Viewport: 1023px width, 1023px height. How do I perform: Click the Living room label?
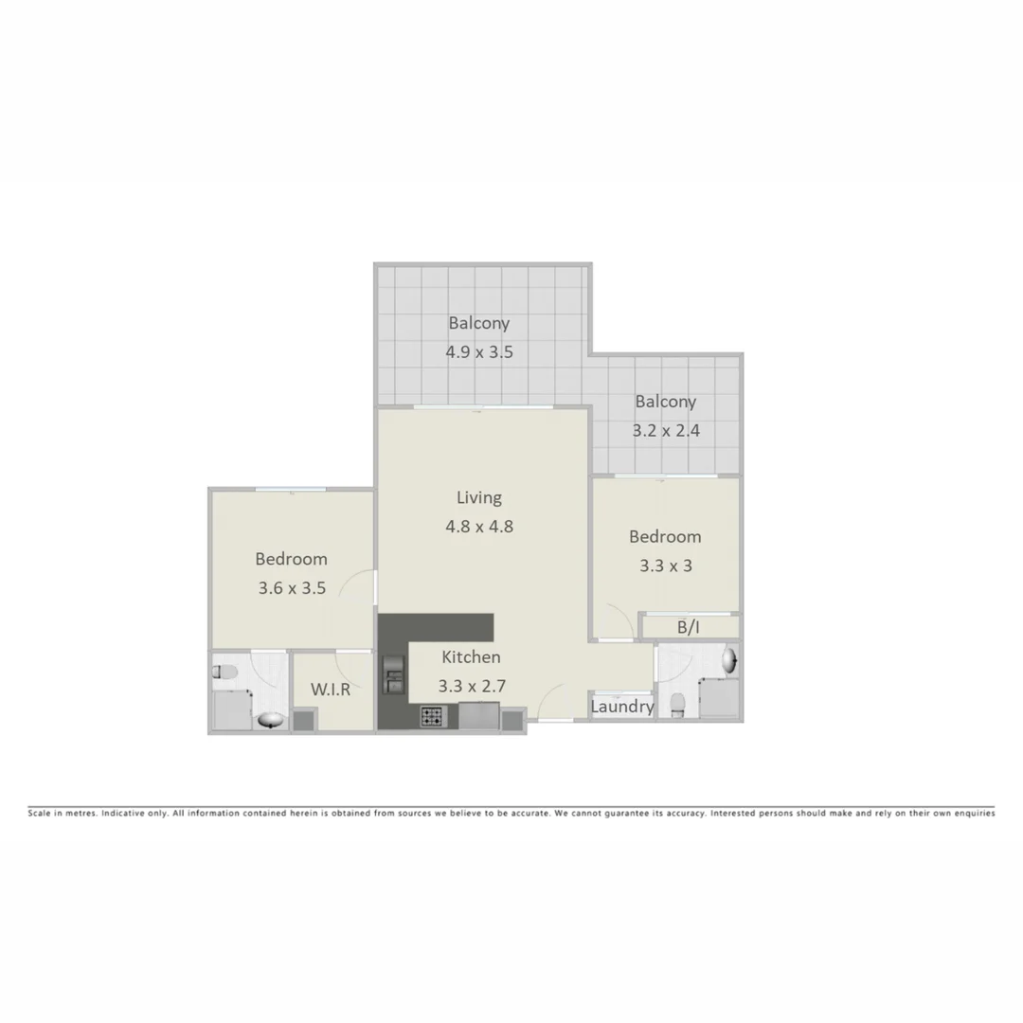[478, 496]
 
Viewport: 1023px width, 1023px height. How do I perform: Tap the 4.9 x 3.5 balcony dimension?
[478, 352]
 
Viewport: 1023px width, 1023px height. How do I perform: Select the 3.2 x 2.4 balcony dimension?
[665, 430]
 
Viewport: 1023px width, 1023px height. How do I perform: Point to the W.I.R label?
[331, 690]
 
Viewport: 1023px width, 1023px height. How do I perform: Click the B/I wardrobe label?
[689, 627]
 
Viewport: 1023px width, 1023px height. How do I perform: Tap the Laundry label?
[621, 707]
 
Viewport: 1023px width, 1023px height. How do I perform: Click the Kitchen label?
[471, 656]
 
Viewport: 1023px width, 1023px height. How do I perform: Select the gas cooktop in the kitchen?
[432, 717]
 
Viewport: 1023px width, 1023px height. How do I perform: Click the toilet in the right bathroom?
[677, 703]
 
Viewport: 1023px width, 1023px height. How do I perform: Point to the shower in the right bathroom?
[720, 701]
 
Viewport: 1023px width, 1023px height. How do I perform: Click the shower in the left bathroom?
[231, 710]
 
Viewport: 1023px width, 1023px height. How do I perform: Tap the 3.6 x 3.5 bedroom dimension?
[292, 587]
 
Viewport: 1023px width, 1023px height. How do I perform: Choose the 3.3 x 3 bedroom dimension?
[665, 565]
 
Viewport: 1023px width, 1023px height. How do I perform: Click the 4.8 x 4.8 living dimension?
[478, 526]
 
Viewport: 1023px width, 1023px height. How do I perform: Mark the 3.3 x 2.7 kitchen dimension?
[471, 686]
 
